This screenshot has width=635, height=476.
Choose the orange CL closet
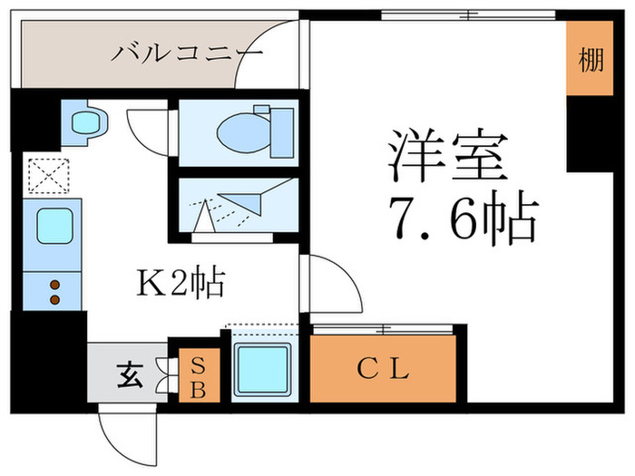pos(383,368)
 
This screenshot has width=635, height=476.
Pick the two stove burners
pos(54,292)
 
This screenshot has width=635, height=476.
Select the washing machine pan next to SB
pos(261,370)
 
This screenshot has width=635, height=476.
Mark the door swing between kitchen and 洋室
pos(331,281)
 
